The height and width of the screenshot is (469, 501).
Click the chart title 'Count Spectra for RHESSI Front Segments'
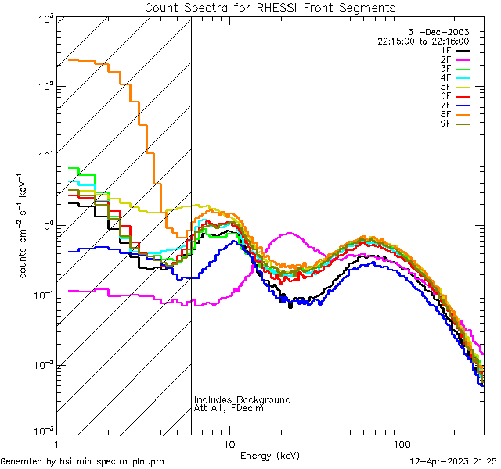tap(270, 8)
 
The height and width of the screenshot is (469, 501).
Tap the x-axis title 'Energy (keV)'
tap(270, 455)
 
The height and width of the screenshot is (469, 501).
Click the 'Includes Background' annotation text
tap(242, 399)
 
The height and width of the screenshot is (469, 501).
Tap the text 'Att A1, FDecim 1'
tap(234, 408)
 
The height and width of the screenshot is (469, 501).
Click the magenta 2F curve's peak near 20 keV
tap(290, 233)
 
